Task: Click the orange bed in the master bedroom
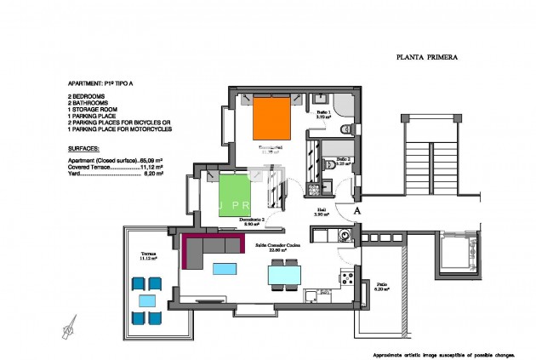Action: [273, 118]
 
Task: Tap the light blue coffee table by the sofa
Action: [225, 269]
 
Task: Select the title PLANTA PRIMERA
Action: [428, 59]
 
